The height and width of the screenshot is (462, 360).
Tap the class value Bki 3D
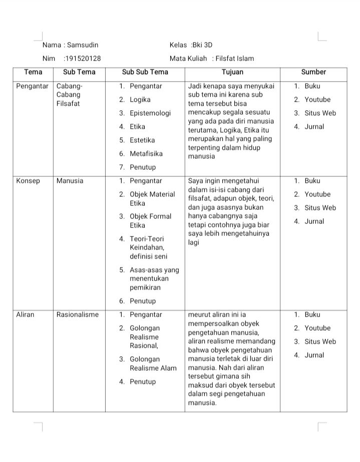click(205, 45)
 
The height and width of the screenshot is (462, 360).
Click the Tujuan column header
click(232, 72)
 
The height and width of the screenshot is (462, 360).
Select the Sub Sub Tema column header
click(145, 72)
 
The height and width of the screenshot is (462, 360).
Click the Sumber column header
click(313, 72)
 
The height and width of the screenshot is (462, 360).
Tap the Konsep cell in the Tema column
click(28, 181)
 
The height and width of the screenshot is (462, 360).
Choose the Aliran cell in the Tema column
click(26, 315)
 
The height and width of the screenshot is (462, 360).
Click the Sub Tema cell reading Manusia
click(70, 181)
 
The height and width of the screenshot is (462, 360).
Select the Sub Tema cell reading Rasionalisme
click(78, 315)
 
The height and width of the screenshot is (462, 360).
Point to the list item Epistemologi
click(150, 113)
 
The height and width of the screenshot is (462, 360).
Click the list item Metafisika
click(146, 154)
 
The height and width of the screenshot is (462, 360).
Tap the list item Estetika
click(142, 140)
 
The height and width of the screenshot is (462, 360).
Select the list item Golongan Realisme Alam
click(153, 364)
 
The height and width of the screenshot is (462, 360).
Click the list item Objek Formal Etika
click(150, 221)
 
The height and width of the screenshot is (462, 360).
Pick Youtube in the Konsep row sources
click(317, 194)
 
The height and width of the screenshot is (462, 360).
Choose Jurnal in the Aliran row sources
click(314, 355)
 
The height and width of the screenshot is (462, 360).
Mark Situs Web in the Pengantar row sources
click(320, 113)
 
